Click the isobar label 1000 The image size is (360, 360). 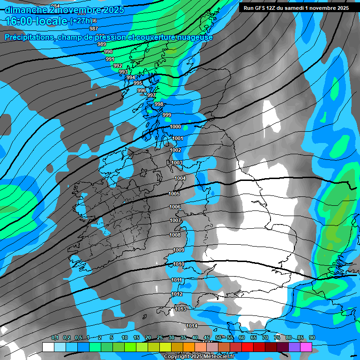click(x=175, y=127)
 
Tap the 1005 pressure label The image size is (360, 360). click(x=174, y=194)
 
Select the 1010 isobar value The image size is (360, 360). click(x=179, y=264)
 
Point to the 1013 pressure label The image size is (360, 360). click(x=180, y=309)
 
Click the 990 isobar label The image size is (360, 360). click(x=108, y=52)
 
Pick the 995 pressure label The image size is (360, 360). click(x=138, y=83)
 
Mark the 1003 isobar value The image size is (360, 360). click(x=177, y=163)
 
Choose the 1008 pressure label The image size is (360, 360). click(x=175, y=235)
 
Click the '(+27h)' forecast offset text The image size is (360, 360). click(x=81, y=21)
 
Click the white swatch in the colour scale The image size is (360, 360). click(x=48, y=347)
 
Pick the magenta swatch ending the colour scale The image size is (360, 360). click(x=306, y=347)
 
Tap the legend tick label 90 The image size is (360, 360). click(x=312, y=338)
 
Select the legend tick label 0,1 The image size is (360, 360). click(x=54, y=338)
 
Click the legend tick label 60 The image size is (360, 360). click(x=242, y=338)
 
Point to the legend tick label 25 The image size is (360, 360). click(x=160, y=338)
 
